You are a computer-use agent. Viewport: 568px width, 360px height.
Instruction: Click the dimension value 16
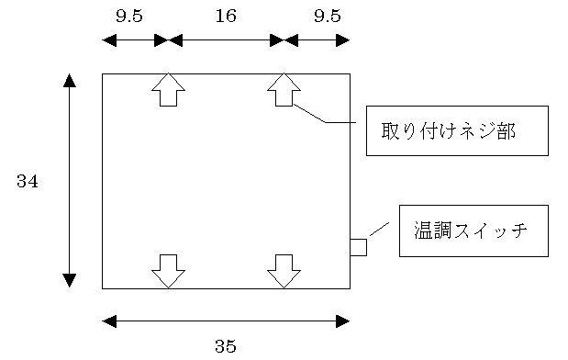point(226,16)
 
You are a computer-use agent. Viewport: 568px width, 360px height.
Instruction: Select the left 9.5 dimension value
point(129,16)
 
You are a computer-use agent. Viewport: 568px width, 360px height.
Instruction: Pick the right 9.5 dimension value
point(327,16)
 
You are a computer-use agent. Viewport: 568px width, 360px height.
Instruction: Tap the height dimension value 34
point(28,182)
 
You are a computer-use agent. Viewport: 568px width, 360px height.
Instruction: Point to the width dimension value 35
point(226,346)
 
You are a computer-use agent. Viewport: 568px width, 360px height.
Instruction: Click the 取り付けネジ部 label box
point(457,130)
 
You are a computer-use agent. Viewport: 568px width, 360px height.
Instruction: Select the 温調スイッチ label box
point(473,231)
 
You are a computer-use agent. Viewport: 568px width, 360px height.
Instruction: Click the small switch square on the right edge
point(358,247)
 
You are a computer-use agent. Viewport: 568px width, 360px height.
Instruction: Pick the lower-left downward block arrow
point(168,271)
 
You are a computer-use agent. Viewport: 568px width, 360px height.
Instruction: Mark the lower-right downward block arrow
point(284,271)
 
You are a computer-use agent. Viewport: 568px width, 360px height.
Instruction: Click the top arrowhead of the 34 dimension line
point(70,80)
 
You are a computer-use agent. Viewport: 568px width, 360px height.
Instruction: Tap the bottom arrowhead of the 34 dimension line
point(70,281)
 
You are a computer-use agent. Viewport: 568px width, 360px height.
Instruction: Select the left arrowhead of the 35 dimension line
point(109,321)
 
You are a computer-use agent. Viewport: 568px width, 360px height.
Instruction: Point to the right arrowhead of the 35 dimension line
point(343,321)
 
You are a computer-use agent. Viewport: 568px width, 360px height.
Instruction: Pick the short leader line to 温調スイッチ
point(379,229)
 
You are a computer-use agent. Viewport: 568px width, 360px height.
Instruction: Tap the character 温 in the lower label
point(424,231)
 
